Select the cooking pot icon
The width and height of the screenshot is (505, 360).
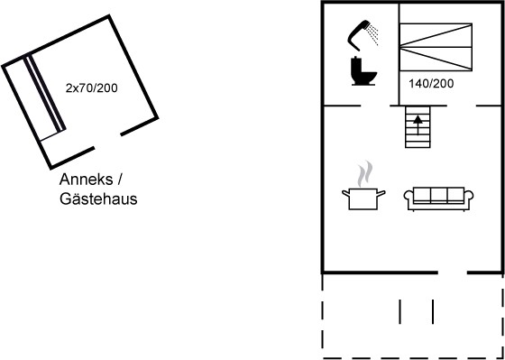pos(363,198)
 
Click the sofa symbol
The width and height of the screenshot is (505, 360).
pos(438,198)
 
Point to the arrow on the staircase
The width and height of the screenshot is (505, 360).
pos(418,125)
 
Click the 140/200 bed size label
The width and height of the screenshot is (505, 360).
pos(431,84)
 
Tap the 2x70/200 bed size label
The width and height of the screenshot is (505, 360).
pos(91,88)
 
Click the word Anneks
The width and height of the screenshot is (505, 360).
pos(86,180)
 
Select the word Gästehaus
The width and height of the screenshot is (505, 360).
pos(98,198)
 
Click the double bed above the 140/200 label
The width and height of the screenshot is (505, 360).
pos(436,47)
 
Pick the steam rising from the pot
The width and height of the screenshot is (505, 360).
pos(364,174)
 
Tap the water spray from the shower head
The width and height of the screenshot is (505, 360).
pos(373,34)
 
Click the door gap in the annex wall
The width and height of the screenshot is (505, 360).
pos(107,141)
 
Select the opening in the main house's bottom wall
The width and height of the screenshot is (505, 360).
pos(453,272)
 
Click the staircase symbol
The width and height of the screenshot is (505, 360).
pos(418,127)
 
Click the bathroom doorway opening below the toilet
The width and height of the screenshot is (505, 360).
pos(375,106)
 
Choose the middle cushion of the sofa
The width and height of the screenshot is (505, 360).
pos(438,195)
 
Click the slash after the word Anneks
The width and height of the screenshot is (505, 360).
pos(119,180)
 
